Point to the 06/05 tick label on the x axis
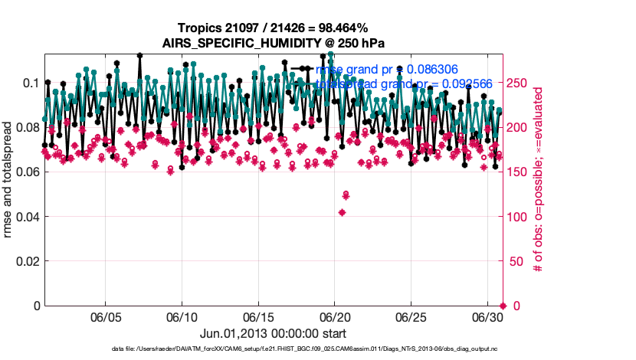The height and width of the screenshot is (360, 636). (106, 317)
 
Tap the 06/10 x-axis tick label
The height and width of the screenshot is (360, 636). (182, 317)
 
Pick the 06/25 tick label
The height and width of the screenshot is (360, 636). (411, 317)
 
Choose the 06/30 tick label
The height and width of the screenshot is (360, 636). (487, 317)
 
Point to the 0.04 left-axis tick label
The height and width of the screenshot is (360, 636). (27, 217)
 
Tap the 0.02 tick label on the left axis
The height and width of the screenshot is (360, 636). (27, 261)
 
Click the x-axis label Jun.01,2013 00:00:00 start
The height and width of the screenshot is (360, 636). (274, 334)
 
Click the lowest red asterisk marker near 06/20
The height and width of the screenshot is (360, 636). (342, 212)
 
